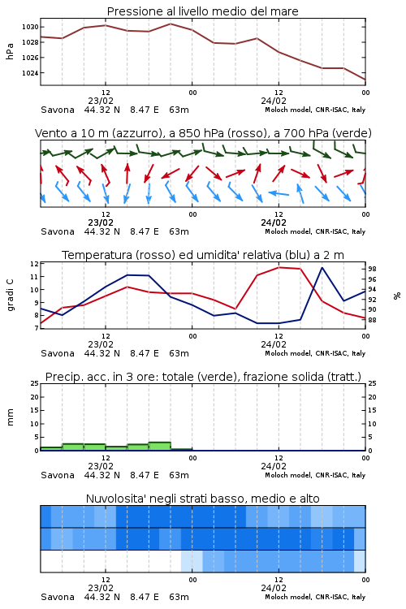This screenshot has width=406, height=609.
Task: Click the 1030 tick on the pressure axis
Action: pyautogui.click(x=30, y=27)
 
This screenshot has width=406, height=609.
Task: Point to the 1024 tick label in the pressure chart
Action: pyautogui.click(x=30, y=73)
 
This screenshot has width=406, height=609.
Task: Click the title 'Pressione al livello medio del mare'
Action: pyautogui.click(x=203, y=11)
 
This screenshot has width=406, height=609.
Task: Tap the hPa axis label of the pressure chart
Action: pyautogui.click(x=10, y=51)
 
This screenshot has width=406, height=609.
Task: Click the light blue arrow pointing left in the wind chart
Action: pyautogui.click(x=279, y=193)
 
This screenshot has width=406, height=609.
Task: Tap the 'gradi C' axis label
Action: pyautogui.click(x=10, y=296)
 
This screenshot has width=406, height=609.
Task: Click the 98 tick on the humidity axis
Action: pyautogui.click(x=372, y=269)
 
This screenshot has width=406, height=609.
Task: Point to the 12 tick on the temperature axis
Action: pyautogui.click(x=34, y=264)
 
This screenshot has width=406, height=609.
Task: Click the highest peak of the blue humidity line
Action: pyautogui.click(x=322, y=267)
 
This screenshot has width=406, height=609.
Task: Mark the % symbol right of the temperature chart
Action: pyautogui.click(x=397, y=296)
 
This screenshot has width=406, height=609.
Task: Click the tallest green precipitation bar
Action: pyautogui.click(x=160, y=447)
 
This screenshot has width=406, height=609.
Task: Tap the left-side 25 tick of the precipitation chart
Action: pyautogui.click(x=34, y=383)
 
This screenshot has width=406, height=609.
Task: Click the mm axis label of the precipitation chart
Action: pyautogui.click(x=10, y=417)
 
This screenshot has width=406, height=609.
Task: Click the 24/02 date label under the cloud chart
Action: pyautogui.click(x=274, y=588)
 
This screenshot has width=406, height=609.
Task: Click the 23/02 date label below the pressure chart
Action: pyautogui.click(x=101, y=101)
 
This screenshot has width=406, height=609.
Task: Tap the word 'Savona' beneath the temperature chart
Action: pyautogui.click(x=58, y=353)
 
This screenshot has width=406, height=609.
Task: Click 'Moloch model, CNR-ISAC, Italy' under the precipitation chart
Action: pyautogui.click(x=315, y=475)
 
